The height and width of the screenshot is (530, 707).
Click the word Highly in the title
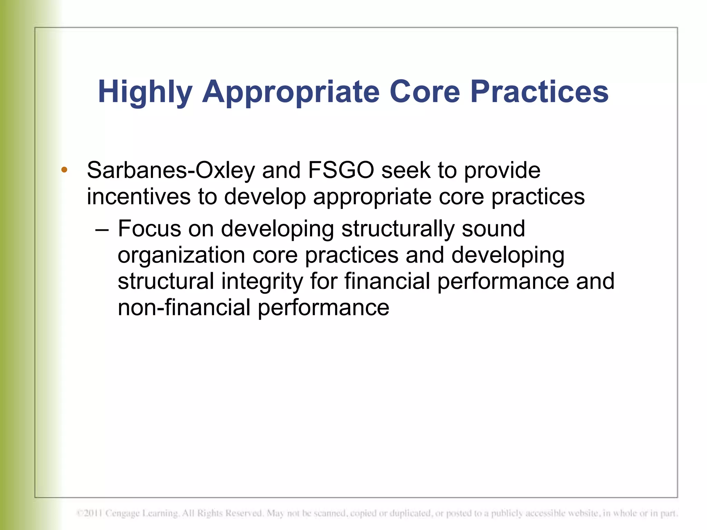(x=145, y=92)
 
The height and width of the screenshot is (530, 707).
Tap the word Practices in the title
(x=539, y=92)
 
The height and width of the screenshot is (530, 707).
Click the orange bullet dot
(x=64, y=169)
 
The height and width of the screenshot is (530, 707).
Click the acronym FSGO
(x=341, y=170)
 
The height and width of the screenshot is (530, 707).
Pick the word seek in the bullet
(x=406, y=170)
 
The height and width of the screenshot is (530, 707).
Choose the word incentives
(x=138, y=197)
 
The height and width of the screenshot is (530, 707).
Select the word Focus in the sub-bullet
(x=149, y=228)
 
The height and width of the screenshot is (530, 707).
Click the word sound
(x=493, y=228)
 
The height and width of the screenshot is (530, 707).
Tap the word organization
(x=181, y=256)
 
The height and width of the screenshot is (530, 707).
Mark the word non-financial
(x=184, y=307)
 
